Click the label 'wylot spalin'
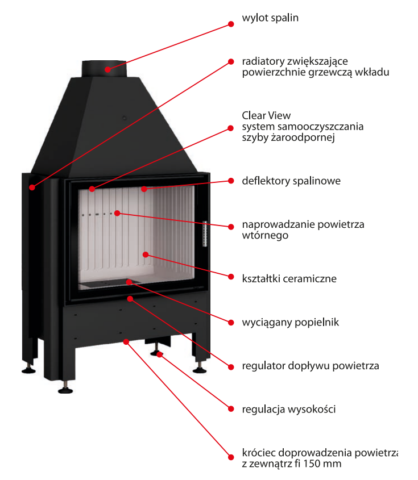point(270,18)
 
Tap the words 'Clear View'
point(266,115)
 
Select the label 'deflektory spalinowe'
point(291,181)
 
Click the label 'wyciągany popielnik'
point(290,322)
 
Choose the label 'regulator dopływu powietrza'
point(310,365)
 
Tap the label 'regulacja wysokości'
point(289,408)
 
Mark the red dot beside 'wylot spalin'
point(231,24)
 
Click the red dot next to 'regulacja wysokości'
point(231,408)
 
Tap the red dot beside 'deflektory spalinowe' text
point(231,181)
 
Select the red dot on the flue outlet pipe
point(107,69)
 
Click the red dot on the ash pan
point(129,281)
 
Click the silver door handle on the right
point(205,233)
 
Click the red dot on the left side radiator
point(32,186)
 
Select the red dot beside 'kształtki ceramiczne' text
point(231,277)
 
